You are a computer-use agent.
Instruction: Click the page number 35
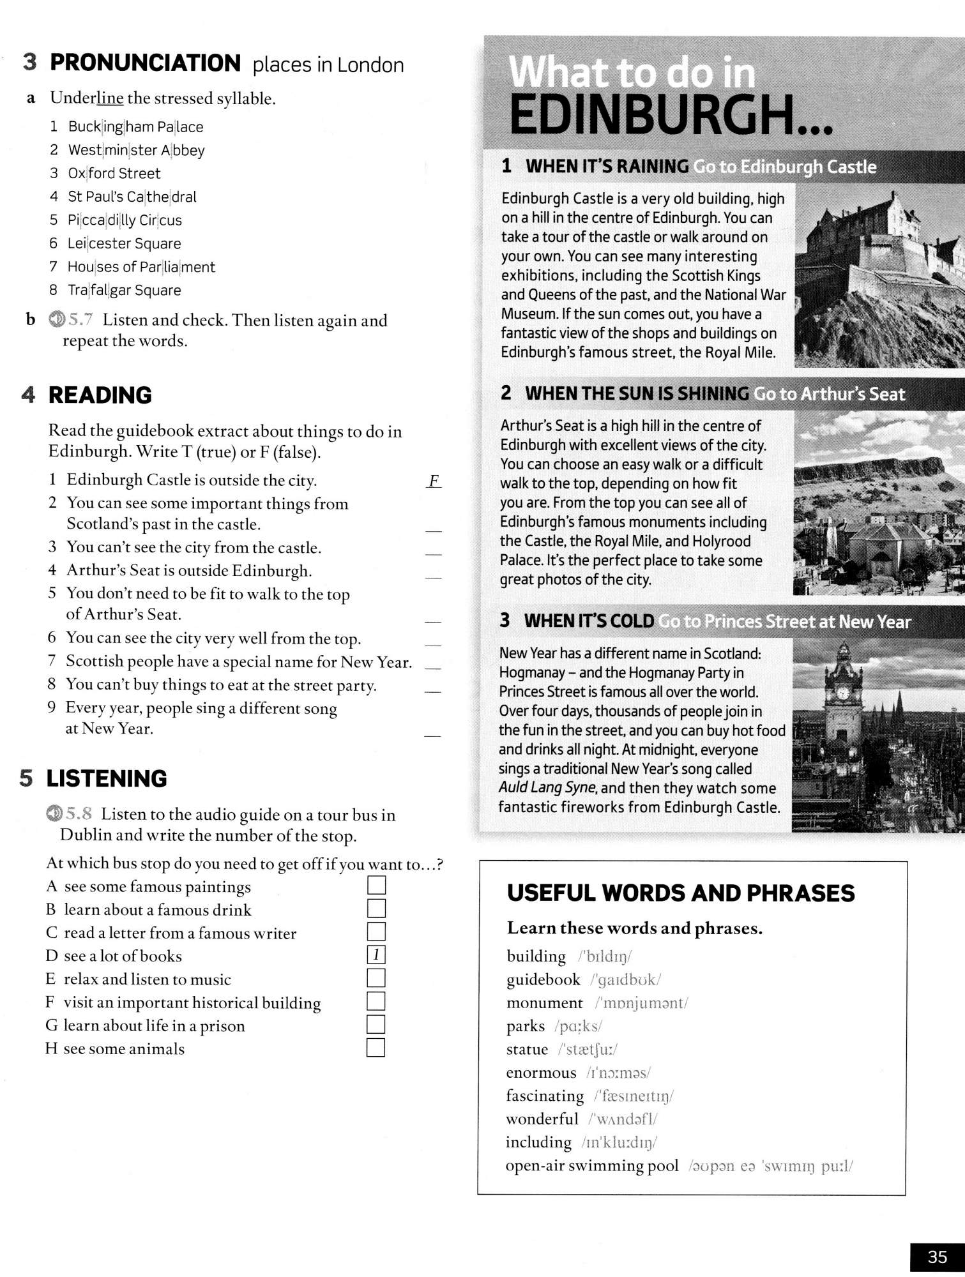click(937, 1257)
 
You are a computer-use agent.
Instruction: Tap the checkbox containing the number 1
click(376, 955)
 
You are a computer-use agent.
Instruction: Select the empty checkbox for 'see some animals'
click(376, 1048)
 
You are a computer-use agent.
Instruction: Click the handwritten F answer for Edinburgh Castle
click(434, 481)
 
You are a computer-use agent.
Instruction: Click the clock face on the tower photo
click(842, 693)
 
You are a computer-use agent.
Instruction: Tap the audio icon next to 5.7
click(56, 319)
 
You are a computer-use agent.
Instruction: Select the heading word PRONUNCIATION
click(145, 63)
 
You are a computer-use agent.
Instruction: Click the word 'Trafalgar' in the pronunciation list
click(99, 290)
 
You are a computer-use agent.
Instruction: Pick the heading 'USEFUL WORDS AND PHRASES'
click(681, 893)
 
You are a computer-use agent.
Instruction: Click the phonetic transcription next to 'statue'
click(587, 1049)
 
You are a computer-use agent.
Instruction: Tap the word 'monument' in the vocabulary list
click(544, 1002)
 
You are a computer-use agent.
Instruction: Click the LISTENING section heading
click(106, 778)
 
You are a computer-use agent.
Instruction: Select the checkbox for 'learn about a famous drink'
click(376, 908)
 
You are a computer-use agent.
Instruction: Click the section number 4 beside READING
click(27, 395)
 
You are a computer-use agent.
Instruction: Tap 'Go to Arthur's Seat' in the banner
click(829, 394)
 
